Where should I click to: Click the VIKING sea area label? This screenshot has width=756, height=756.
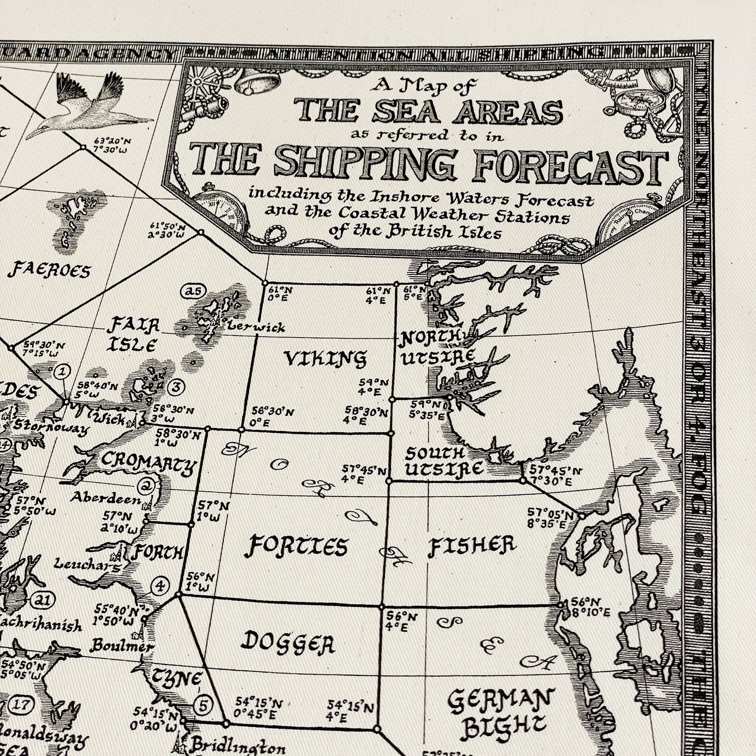coord(325,358)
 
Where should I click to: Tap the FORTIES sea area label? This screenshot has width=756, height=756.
coord(296,546)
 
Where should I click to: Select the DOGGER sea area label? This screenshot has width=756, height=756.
coord(288,644)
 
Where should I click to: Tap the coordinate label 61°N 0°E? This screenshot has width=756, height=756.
coord(280,294)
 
